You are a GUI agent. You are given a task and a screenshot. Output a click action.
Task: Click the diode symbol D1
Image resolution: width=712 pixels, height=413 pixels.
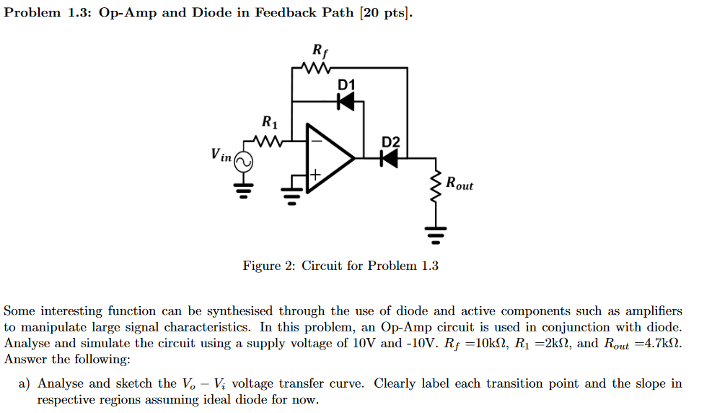[346, 102]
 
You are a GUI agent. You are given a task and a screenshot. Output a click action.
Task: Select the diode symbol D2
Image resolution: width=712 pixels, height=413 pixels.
[389, 157]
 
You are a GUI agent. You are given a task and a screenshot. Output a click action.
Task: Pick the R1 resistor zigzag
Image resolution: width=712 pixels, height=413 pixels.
[268, 140]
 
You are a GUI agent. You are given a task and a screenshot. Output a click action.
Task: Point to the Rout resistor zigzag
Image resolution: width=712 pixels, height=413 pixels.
[435, 188]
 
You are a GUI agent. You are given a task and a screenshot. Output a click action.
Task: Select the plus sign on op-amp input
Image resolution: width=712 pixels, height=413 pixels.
[315, 175]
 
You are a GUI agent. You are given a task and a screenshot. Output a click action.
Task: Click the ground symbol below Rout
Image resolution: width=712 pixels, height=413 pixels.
[435, 234]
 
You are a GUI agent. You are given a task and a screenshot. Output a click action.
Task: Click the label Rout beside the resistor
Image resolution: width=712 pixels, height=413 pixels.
[460, 184]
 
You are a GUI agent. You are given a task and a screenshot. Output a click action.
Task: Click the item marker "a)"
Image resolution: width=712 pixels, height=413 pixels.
[25, 383]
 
